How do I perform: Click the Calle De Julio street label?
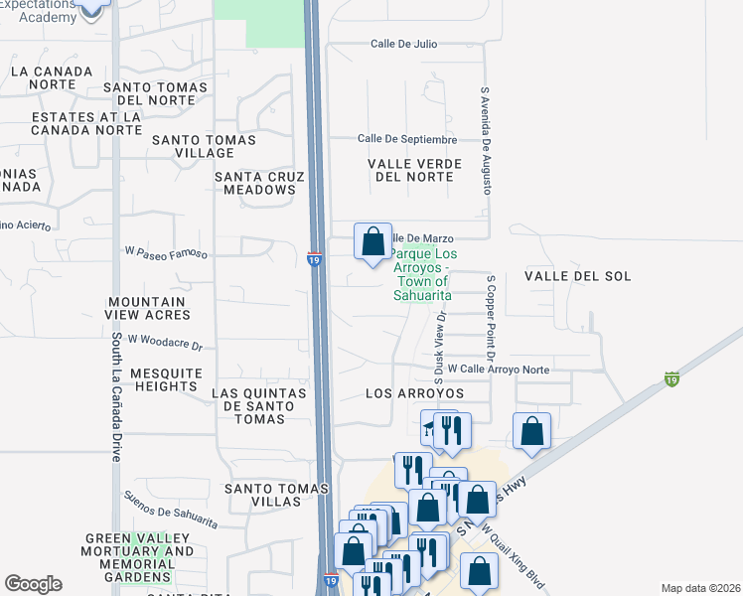[403, 44]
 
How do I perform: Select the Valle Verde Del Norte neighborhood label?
[410, 170]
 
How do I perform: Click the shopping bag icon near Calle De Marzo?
[372, 241]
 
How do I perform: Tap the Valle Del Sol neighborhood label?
[577, 276]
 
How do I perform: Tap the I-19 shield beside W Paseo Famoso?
[313, 260]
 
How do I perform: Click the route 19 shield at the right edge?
[672, 379]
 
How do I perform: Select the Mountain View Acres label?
[147, 308]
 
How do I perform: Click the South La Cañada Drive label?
[116, 397]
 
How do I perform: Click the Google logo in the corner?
[33, 584]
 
